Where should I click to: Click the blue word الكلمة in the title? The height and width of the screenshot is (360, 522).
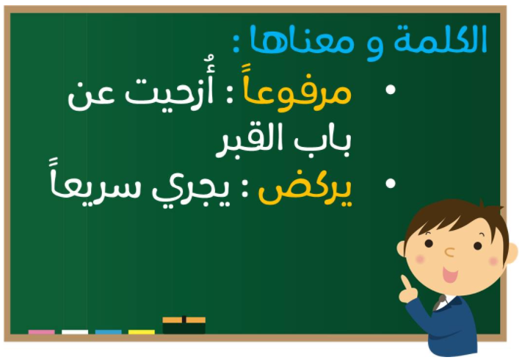click(440, 40)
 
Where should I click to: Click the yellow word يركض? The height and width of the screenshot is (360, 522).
click(305, 189)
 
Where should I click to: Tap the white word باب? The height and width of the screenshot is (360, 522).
click(322, 142)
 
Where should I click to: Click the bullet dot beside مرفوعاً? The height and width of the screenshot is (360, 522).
click(390, 90)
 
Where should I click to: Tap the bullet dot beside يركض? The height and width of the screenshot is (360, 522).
click(390, 184)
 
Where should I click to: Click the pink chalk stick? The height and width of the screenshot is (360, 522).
click(42, 332)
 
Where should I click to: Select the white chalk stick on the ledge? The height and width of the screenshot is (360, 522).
click(75, 332)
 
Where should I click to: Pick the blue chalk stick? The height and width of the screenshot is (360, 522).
click(108, 332)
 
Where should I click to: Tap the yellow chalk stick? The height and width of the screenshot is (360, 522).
click(142, 332)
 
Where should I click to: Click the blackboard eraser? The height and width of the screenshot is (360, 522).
click(184, 325)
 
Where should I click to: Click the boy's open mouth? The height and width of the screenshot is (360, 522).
click(450, 275)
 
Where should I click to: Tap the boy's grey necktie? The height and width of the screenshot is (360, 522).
click(440, 302)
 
